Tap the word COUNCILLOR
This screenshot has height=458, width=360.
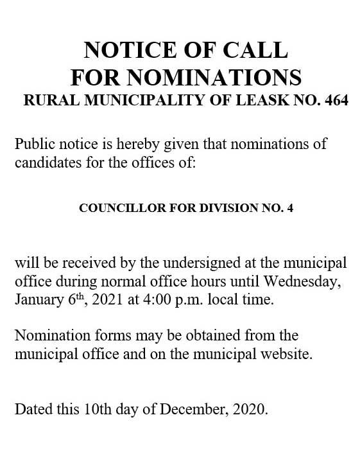tap(112, 208)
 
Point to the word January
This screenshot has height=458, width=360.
tap(38, 299)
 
